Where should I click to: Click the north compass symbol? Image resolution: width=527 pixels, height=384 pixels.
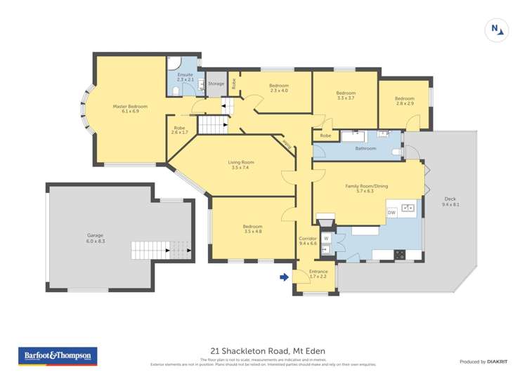pyautogui.click(x=496, y=29)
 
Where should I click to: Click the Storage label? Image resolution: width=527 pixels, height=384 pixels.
pyautogui.click(x=216, y=84)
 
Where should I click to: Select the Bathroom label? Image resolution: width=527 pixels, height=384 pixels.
pyautogui.click(x=365, y=148)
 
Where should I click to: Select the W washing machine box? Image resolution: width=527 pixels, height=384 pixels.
pyautogui.click(x=327, y=238)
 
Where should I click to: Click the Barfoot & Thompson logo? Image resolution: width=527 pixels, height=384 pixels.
pyautogui.click(x=57, y=356)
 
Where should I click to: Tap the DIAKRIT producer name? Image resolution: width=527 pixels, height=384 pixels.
pyautogui.click(x=497, y=362)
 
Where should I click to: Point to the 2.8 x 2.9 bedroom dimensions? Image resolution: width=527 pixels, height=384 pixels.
pyautogui.click(x=404, y=104)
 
